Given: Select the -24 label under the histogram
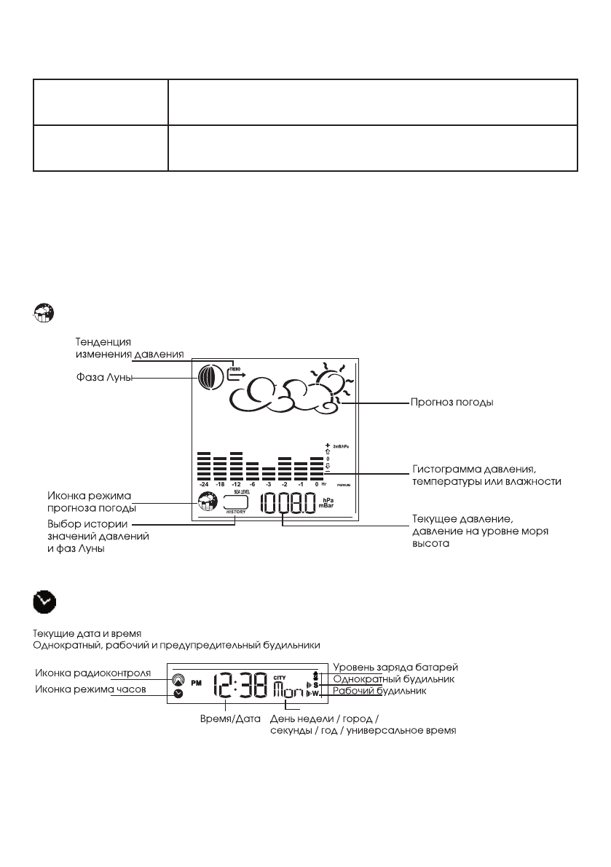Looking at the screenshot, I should click(x=203, y=484).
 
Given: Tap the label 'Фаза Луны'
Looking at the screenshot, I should click(x=100, y=379).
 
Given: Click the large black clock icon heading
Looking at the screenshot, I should click(x=45, y=602).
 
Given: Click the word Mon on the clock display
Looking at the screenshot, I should click(x=289, y=689).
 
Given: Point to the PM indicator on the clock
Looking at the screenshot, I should click(x=196, y=684).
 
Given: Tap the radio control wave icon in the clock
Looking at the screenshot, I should click(x=179, y=679).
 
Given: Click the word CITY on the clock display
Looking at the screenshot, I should click(x=280, y=675).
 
